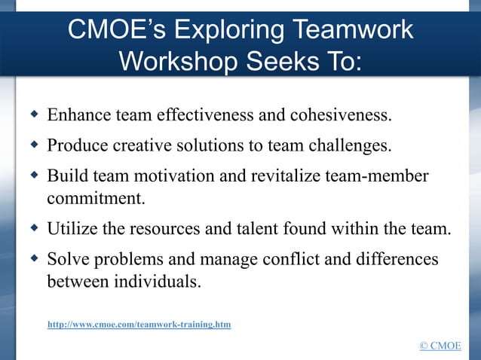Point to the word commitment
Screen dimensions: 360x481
coord(94,199)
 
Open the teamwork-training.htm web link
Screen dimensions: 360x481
coord(139,325)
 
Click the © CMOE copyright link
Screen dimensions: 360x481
coord(440,346)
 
